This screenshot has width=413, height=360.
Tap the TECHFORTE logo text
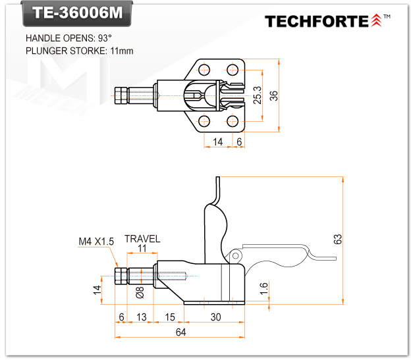tap(317, 21)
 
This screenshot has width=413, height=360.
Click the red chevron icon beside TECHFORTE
tap(376, 20)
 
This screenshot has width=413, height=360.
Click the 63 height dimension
tap(338, 240)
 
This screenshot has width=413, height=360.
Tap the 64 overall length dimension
tap(181, 332)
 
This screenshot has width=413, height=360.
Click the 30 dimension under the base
tap(215, 317)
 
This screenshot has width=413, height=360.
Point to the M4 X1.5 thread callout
tap(96, 242)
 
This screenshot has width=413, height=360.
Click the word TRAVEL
tap(142, 239)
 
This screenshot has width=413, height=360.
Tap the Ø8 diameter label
tap(139, 292)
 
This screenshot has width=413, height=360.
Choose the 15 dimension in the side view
tap(170, 317)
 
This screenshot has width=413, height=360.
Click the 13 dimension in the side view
tap(140, 317)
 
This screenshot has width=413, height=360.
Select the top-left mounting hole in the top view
tap(204, 68)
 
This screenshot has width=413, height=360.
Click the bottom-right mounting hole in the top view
tap(232, 121)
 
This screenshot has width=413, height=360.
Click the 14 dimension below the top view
tap(218, 141)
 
